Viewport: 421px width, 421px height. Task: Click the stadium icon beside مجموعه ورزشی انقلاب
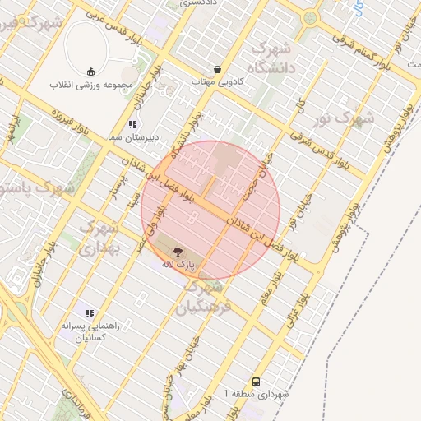pyautogui.click(x=90, y=71)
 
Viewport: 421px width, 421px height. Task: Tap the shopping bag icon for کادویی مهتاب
pyautogui.click(x=217, y=70)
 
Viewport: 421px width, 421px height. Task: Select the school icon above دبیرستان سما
pyautogui.click(x=132, y=125)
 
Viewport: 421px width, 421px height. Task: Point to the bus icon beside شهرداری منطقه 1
pyautogui.click(x=257, y=382)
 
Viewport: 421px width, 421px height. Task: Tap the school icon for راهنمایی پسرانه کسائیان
pyautogui.click(x=90, y=313)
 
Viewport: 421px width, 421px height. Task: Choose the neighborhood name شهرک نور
pyautogui.click(x=344, y=119)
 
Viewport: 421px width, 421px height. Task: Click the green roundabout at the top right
pyautogui.click(x=310, y=17)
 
